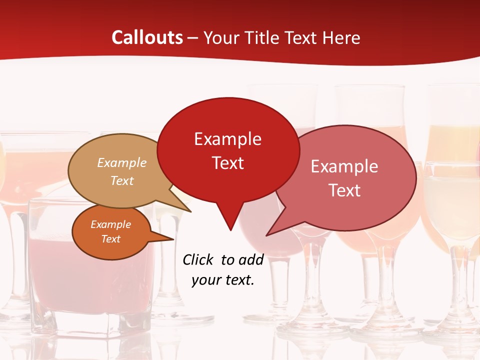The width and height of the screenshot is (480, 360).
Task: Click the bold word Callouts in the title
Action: [x=147, y=37]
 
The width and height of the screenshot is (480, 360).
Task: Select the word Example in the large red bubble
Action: [x=227, y=139]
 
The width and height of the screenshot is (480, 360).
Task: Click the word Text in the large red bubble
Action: [x=227, y=163]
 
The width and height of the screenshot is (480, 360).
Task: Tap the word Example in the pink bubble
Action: [x=344, y=166]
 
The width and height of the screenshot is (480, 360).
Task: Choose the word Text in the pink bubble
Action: [x=344, y=190]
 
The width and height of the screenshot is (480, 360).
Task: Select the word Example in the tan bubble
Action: [x=122, y=163]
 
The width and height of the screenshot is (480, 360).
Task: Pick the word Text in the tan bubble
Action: [x=122, y=180]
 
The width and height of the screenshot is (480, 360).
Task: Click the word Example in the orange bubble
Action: [x=110, y=224]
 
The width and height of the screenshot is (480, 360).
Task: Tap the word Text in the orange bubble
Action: [x=110, y=239]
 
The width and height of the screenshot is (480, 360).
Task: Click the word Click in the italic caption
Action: [x=198, y=259]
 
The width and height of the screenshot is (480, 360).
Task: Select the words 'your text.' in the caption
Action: [x=223, y=280]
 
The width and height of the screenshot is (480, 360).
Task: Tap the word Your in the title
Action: [x=220, y=37]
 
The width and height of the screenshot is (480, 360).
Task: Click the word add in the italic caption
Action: [x=250, y=259]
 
